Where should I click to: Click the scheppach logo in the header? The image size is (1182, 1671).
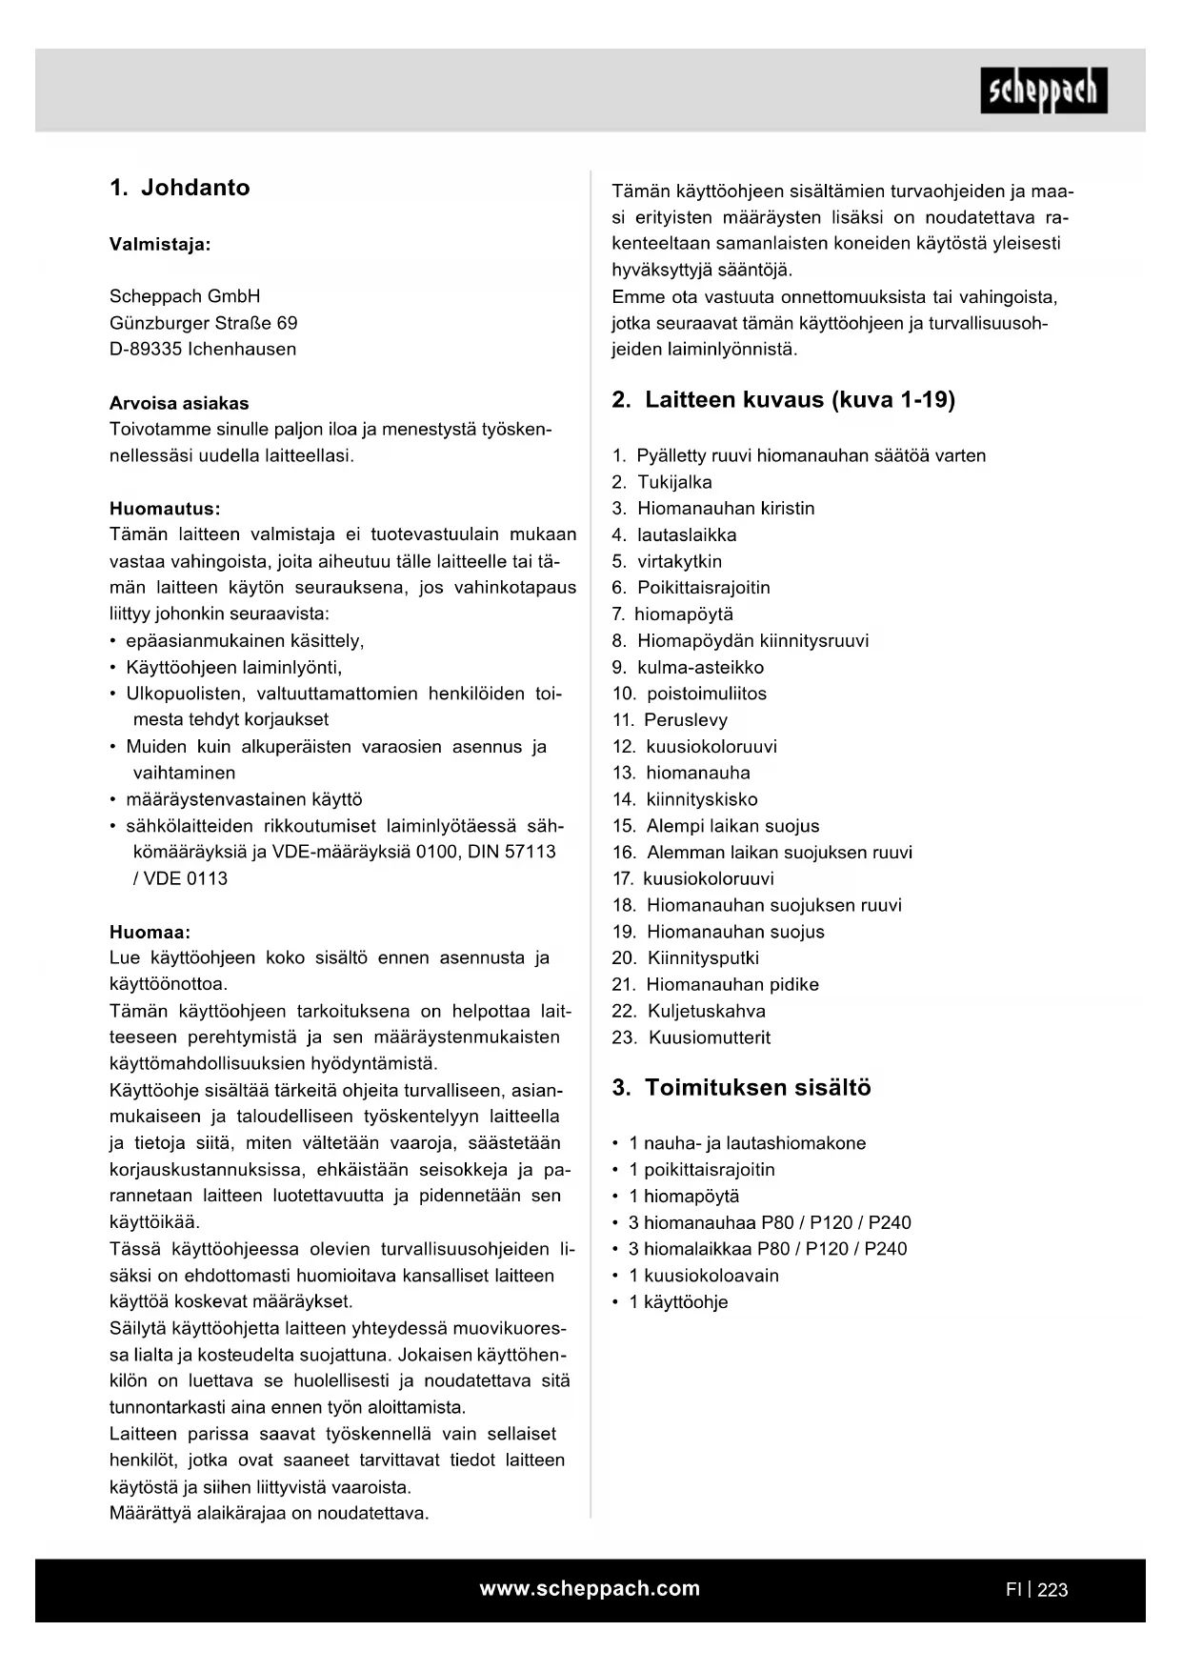(1043, 91)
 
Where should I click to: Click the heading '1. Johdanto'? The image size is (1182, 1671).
(180, 188)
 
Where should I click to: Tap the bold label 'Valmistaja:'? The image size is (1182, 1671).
(160, 244)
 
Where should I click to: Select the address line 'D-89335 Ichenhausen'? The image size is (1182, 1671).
(203, 349)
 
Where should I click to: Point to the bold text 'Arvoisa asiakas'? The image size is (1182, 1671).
(179, 403)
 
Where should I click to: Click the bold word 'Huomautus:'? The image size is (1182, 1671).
(165, 508)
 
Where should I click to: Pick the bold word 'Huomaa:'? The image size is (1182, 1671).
(150, 932)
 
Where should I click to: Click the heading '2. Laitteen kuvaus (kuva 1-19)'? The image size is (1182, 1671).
(783, 399)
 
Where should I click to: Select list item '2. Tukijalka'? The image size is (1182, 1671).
(662, 482)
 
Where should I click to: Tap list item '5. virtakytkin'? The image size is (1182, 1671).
(667, 561)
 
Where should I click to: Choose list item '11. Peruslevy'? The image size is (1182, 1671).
(670, 720)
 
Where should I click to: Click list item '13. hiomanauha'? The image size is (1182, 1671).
(681, 773)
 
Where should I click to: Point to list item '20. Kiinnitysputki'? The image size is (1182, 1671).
(686, 957)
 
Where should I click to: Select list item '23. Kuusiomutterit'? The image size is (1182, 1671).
(691, 1037)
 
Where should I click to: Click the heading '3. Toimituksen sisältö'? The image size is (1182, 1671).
(741, 1088)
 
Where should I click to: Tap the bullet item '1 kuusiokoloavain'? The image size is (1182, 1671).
(703, 1275)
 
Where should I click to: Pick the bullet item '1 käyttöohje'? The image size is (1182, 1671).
(677, 1301)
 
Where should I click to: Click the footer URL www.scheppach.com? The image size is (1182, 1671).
(590, 1588)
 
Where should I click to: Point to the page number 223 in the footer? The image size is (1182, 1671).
(1052, 1589)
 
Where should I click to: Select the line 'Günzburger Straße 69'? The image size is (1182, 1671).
(203, 323)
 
